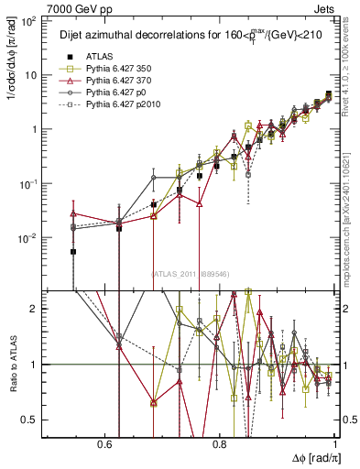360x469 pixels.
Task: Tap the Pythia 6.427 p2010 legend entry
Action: tap(124, 104)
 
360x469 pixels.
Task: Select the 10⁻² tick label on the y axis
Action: tap(30, 238)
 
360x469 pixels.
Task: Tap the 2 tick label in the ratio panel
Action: tap(35, 309)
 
